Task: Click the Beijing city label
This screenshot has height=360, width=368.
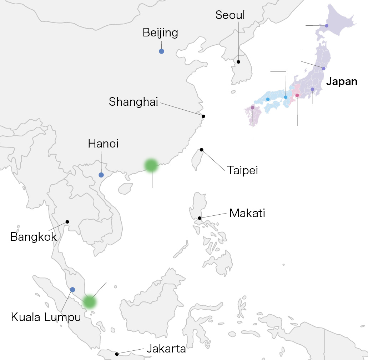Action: [160, 33]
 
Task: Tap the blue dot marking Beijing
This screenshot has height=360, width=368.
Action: [161, 51]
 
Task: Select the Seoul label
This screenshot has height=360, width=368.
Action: [230, 15]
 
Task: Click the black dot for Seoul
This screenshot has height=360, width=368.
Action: [238, 62]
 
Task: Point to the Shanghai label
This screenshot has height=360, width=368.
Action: [133, 102]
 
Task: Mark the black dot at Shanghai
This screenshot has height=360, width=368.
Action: [203, 116]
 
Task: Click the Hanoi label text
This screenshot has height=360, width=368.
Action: [103, 144]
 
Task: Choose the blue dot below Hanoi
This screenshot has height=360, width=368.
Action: [101, 175]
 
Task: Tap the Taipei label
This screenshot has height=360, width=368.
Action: [242, 170]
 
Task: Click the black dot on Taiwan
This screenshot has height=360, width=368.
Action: [201, 150]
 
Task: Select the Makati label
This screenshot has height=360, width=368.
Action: [247, 213]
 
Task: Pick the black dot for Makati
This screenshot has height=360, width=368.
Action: [200, 218]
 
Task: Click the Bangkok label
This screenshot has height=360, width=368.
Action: [34, 237]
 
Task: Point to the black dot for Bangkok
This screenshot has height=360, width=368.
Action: [67, 222]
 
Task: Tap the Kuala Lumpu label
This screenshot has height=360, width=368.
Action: [46, 317]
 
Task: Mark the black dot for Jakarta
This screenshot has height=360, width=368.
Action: [117, 354]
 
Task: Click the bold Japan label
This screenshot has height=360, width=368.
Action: [342, 81]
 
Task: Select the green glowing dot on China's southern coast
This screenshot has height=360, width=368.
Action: [151, 165]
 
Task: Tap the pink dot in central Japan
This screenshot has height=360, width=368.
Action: [297, 95]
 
